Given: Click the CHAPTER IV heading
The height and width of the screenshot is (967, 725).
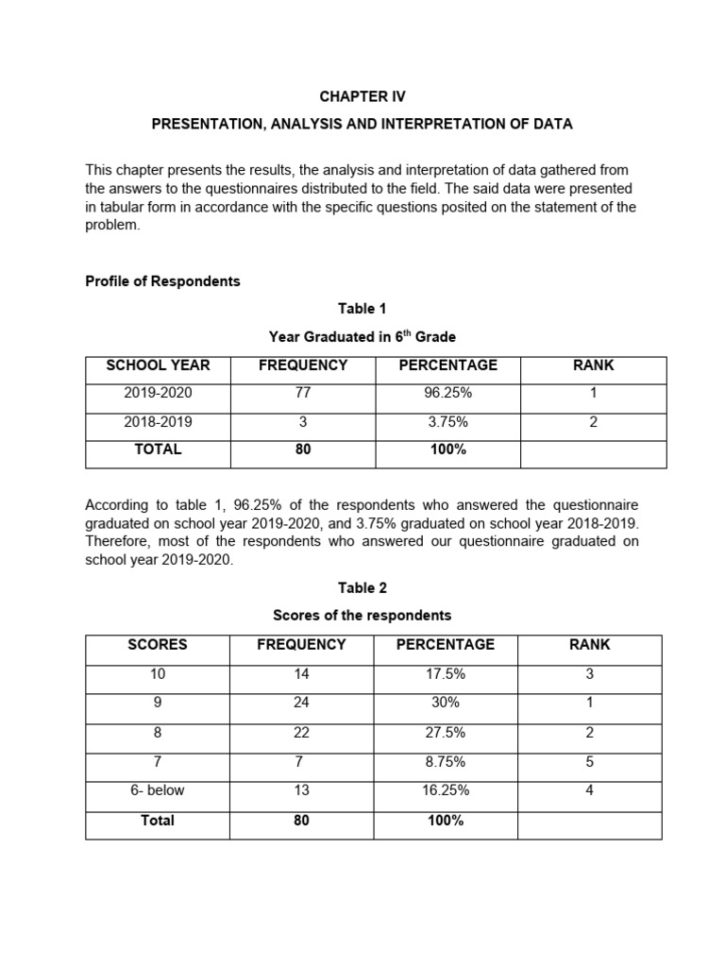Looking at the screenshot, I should (x=362, y=96).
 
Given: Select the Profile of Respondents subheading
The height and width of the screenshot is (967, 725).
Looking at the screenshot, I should (x=162, y=280).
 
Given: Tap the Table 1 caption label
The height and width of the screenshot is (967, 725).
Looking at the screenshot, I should (x=362, y=309).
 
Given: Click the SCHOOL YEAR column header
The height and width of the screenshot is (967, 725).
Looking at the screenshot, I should (x=158, y=365).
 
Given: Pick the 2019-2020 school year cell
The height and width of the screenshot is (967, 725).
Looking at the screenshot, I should (x=158, y=394).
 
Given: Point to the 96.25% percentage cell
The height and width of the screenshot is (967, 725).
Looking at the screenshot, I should (x=447, y=394).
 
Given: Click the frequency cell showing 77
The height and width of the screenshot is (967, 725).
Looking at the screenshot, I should (x=303, y=394).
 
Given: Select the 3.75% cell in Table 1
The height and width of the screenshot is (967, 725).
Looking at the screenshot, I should (x=447, y=422).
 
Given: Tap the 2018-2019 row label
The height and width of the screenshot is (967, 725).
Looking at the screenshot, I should (x=158, y=422).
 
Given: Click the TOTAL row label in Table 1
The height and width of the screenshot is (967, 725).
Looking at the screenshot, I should (x=158, y=450).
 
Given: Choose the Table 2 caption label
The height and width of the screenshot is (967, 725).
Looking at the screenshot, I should (x=362, y=587).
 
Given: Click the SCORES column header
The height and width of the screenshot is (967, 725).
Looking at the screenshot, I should (x=158, y=645).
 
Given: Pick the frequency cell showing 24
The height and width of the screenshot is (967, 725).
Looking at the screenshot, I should (x=302, y=704).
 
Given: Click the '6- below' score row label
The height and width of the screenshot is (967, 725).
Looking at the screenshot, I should (x=158, y=791).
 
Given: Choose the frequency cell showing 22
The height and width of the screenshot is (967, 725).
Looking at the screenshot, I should (x=302, y=733).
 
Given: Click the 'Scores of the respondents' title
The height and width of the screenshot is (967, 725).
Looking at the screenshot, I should (x=362, y=616).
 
